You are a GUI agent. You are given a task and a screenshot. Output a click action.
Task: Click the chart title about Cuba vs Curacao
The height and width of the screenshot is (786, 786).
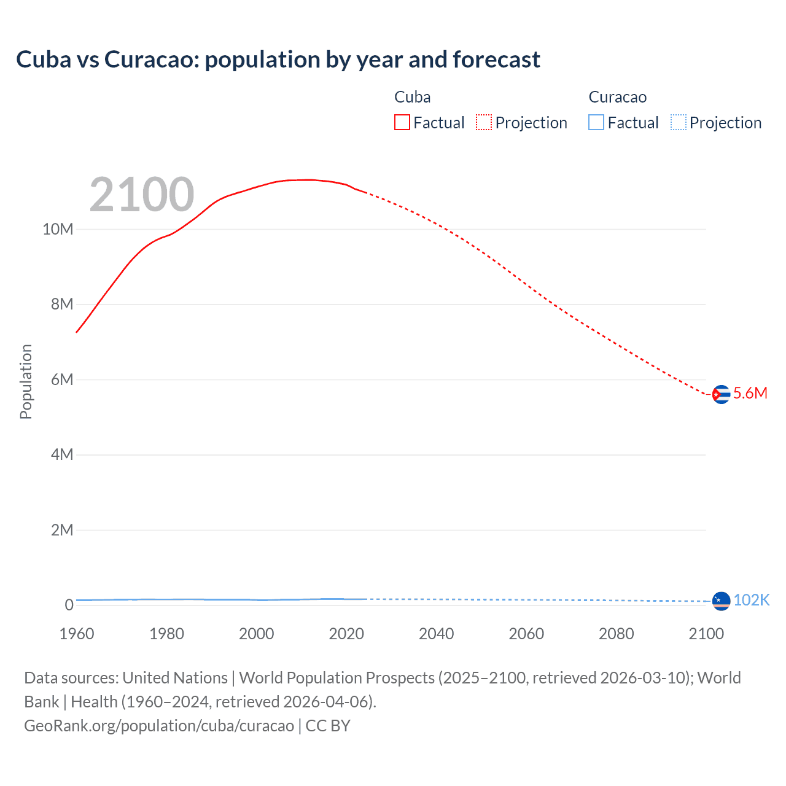pos(278,60)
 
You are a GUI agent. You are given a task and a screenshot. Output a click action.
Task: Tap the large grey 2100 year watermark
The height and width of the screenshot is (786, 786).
pos(142,195)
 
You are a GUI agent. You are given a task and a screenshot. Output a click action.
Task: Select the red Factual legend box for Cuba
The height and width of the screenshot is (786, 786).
pos(402,123)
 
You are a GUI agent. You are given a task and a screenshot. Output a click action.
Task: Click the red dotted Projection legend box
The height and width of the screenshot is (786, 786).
pos(484,123)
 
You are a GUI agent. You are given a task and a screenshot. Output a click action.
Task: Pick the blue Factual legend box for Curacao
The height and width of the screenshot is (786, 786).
pos(596,123)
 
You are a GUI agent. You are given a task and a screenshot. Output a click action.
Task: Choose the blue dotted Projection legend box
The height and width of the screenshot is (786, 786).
pos(678,123)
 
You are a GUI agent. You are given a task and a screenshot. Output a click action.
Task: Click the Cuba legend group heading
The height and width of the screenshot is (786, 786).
pos(412,97)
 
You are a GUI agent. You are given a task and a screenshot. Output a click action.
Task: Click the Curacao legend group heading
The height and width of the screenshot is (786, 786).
pos(617,97)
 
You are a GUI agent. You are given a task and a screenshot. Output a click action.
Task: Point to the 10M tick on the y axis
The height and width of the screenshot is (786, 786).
pos(58,229)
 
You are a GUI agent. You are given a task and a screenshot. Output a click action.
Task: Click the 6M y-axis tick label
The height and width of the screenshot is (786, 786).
pos(61,379)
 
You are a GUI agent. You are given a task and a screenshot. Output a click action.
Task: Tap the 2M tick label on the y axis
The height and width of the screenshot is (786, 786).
pos(61,530)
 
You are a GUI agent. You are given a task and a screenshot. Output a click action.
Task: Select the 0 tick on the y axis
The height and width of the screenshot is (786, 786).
pos(69,605)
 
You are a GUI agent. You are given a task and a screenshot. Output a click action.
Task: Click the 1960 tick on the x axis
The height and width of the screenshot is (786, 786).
pos(77,634)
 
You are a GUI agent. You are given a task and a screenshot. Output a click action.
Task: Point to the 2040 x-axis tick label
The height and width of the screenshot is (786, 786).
pos(436,634)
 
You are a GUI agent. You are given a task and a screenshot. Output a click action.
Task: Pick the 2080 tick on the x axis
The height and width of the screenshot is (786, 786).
pos(616,634)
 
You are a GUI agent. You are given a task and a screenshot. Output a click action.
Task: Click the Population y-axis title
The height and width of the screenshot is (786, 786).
pos(26,381)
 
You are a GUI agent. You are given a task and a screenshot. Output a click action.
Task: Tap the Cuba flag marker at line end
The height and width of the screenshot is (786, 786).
pos(721,394)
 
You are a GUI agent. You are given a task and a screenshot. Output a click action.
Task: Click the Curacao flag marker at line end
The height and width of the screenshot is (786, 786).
pos(721,601)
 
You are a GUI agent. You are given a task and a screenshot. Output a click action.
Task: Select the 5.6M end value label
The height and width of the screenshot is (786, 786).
pos(750,393)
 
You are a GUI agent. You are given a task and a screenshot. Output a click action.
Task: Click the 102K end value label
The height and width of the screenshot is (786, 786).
pos(752,600)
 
